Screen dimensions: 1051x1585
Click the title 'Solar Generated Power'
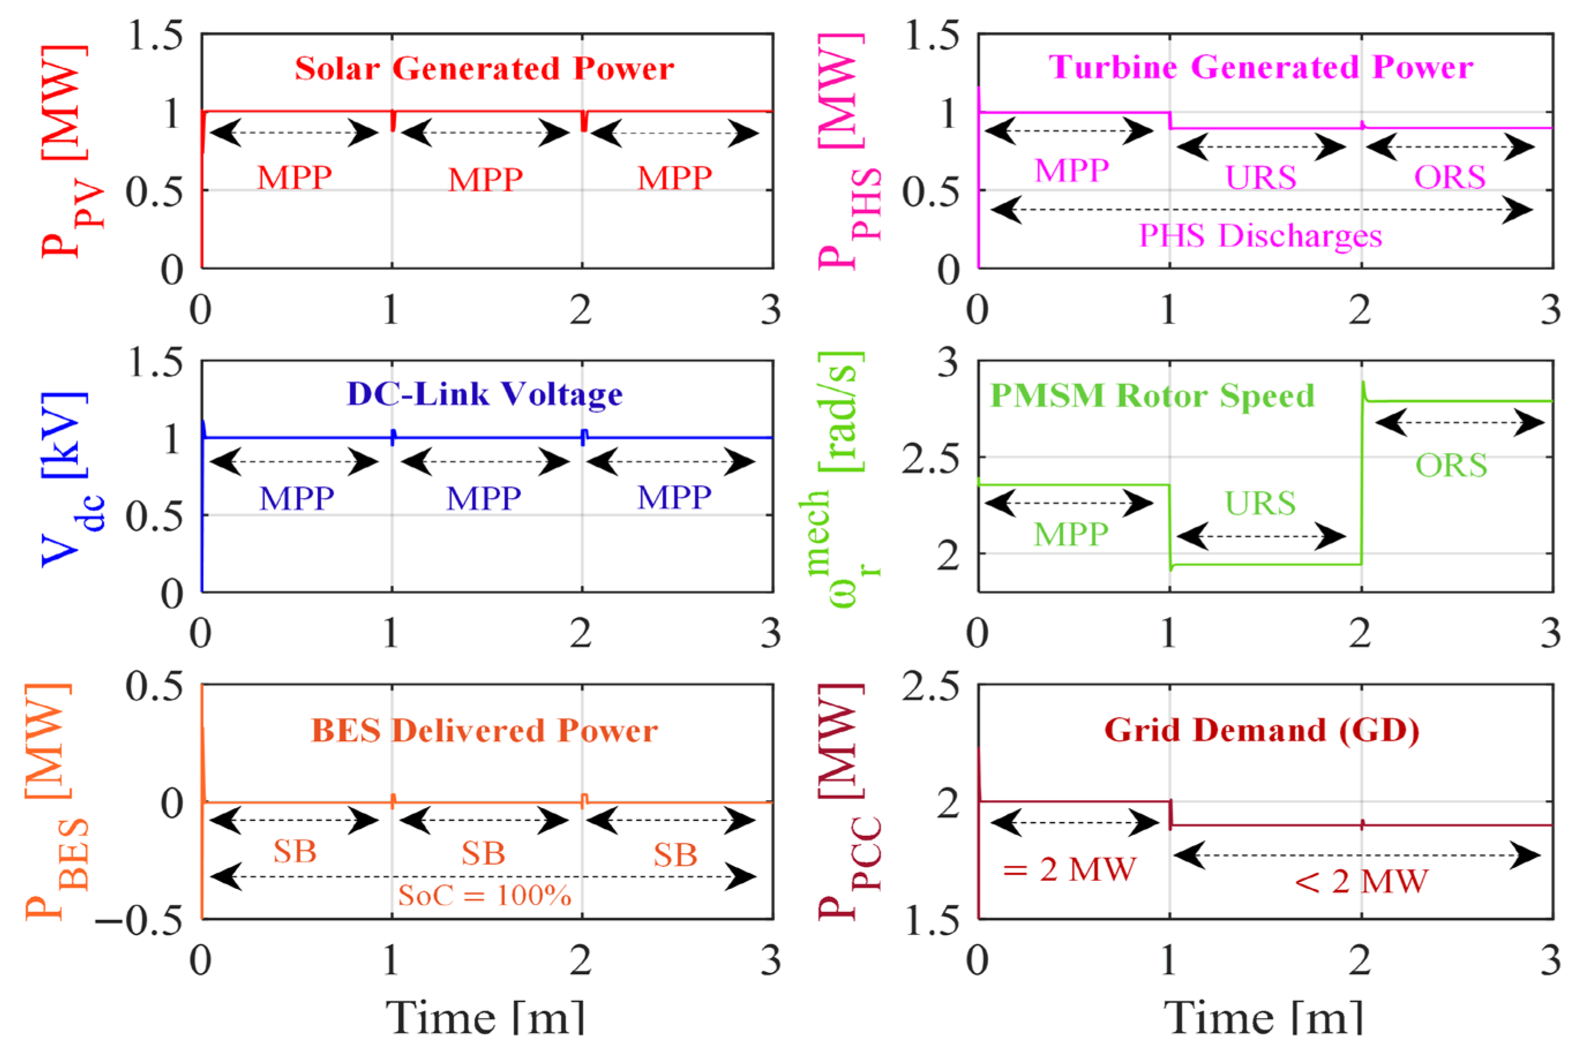pyautogui.click(x=484, y=69)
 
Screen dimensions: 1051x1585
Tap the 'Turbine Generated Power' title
pyautogui.click(x=1261, y=67)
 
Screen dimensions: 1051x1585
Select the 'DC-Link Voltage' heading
pyautogui.click(x=484, y=394)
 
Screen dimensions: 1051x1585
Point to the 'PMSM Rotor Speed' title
pyautogui.click(x=1152, y=396)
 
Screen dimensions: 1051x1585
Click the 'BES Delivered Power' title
pyautogui.click(x=484, y=731)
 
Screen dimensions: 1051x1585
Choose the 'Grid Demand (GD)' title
pyautogui.click(x=1261, y=730)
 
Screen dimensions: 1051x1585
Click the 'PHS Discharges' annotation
pyautogui.click(x=1261, y=236)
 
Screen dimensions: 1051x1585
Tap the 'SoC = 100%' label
pyautogui.click(x=484, y=895)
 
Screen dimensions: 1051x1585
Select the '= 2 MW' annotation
pyautogui.click(x=1069, y=870)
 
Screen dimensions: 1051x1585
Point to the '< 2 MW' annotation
pyautogui.click(x=1361, y=881)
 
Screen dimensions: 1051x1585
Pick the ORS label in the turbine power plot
pyautogui.click(x=1449, y=178)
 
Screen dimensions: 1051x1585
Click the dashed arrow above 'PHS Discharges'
pyautogui.click(x=1261, y=210)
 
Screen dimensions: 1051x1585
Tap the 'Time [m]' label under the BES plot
pyautogui.click(x=484, y=1018)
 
